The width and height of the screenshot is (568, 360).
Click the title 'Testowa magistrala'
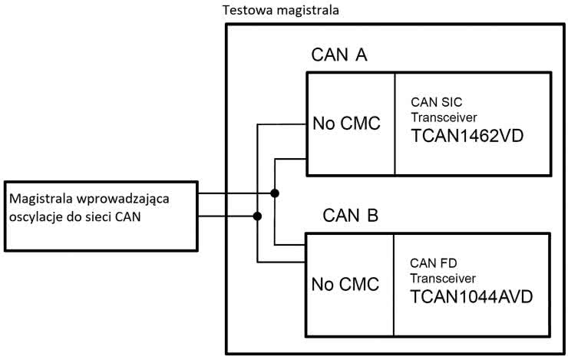coord(280,11)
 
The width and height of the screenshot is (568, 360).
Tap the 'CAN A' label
coord(341,56)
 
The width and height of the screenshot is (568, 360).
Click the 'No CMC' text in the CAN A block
coord(346,124)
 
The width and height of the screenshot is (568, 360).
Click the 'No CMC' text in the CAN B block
coord(346,284)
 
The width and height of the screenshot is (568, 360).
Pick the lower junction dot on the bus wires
coord(257,216)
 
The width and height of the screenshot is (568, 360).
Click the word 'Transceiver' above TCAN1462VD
coord(444,118)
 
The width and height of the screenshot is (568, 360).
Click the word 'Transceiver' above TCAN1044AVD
coord(444,277)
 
